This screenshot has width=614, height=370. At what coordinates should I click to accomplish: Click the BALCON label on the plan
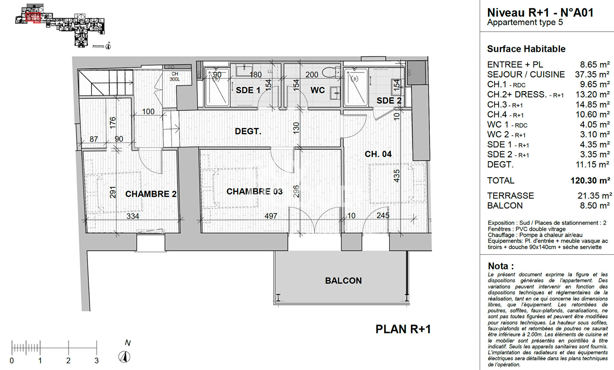click(343, 281)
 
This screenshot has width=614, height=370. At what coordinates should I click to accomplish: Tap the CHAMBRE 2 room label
click(151, 194)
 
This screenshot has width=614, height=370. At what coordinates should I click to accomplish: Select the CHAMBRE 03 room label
click(255, 192)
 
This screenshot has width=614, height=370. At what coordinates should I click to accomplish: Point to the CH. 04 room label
click(378, 154)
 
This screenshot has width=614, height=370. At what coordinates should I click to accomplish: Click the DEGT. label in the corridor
click(248, 131)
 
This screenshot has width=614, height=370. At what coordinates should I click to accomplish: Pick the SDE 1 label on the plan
click(248, 90)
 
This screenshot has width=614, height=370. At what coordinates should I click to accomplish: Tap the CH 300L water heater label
click(175, 76)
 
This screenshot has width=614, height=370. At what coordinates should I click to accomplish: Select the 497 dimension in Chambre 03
click(271, 216)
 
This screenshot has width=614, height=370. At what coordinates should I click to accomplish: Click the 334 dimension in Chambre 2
click(133, 217)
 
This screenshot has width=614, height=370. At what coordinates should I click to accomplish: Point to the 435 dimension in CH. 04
click(397, 176)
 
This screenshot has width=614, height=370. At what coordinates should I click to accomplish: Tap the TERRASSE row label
click(510, 196)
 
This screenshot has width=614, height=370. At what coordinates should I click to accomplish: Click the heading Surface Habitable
click(526, 49)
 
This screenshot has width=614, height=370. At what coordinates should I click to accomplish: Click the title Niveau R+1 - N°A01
click(540, 13)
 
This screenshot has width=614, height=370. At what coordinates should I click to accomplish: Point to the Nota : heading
click(501, 266)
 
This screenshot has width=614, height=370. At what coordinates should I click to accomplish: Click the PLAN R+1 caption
click(403, 329)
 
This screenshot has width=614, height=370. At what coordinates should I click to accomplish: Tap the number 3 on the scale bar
click(97, 361)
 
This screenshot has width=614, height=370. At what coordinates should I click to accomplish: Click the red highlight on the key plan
click(33, 17)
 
